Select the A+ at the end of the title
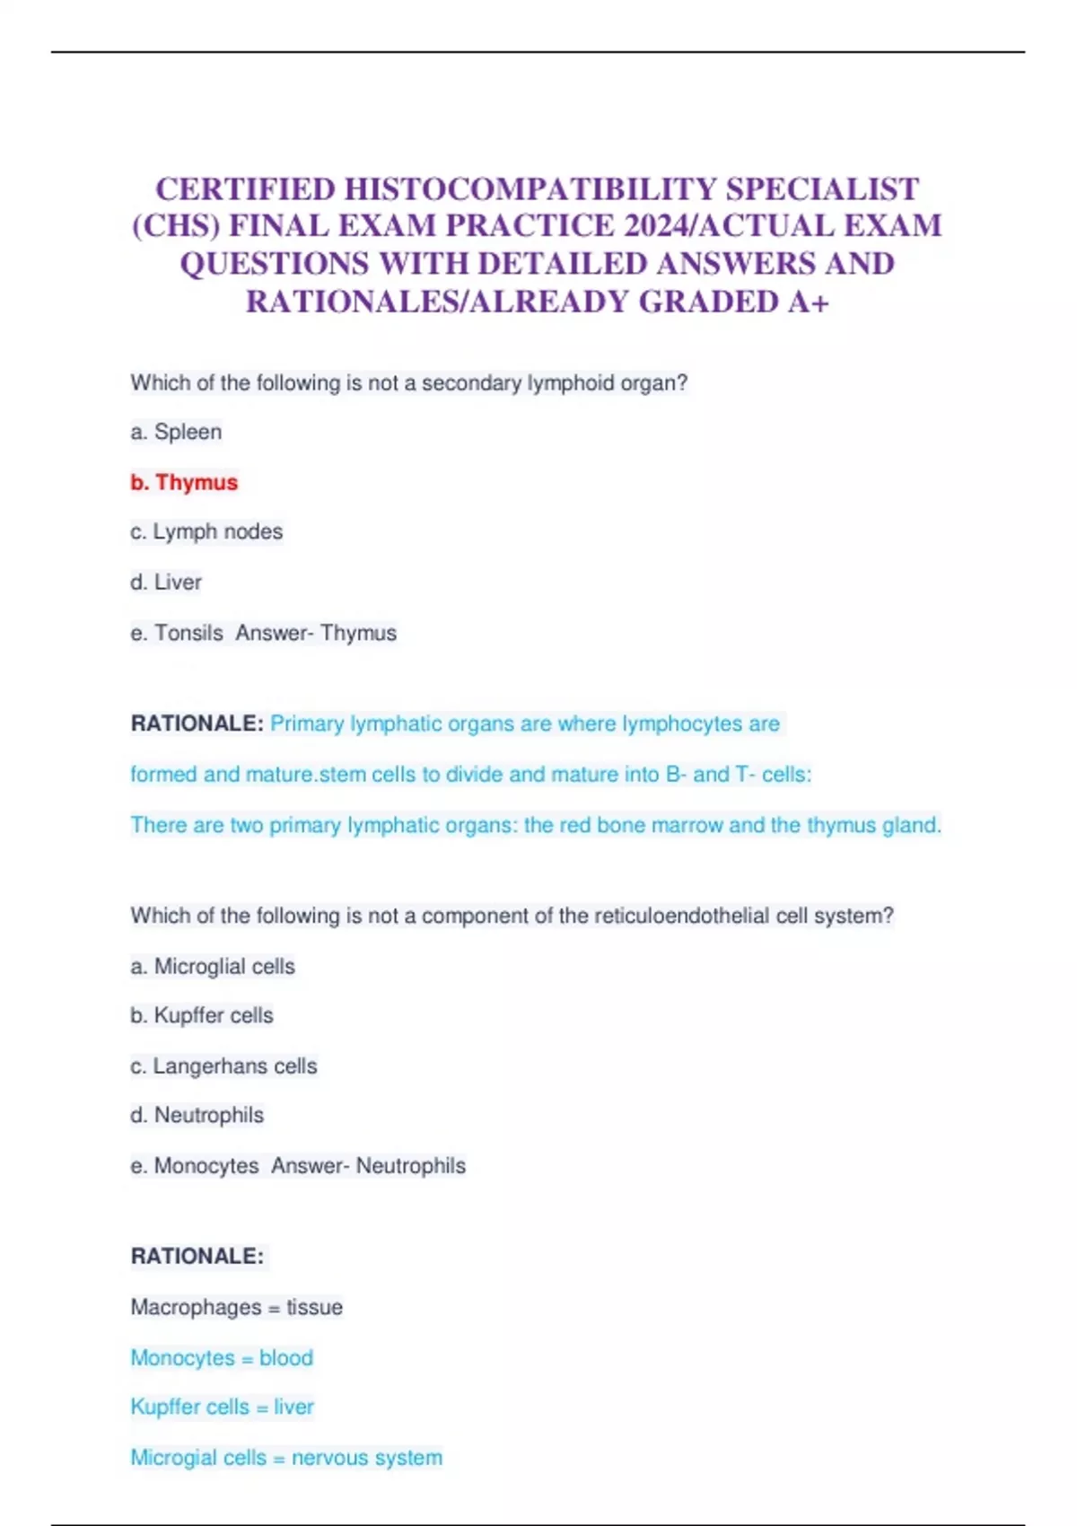click(808, 303)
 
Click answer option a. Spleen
click(176, 432)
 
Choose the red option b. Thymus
click(184, 482)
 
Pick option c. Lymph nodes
click(206, 531)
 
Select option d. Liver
click(166, 582)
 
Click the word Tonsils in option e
click(188, 633)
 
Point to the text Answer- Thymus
click(316, 633)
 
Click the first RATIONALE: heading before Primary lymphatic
click(197, 724)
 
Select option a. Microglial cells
click(213, 966)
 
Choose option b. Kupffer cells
click(202, 1015)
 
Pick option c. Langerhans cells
click(223, 1066)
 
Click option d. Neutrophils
click(197, 1115)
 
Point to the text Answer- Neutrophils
click(369, 1165)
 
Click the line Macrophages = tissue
click(236, 1307)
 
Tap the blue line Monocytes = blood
click(222, 1357)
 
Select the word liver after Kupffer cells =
click(294, 1407)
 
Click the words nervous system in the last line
click(367, 1457)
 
